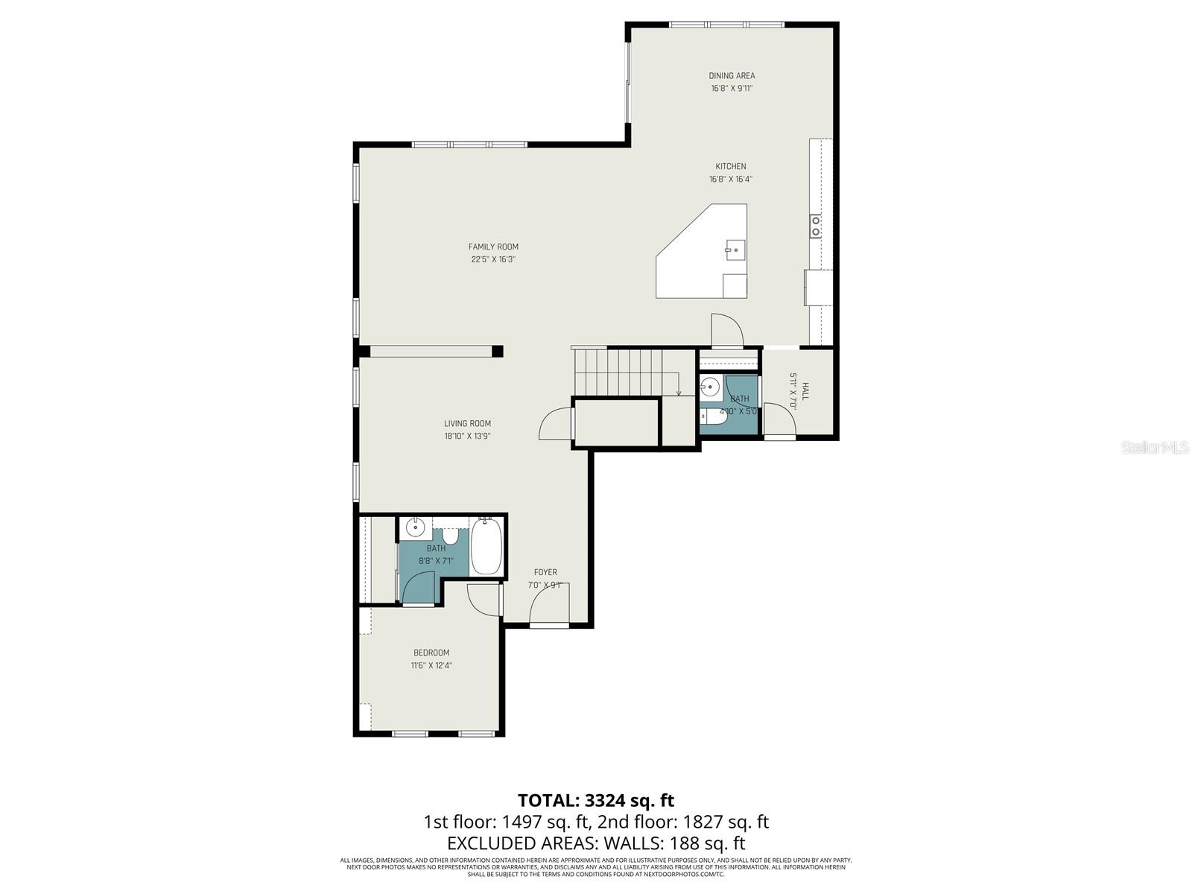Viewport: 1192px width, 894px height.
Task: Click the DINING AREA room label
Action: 731,75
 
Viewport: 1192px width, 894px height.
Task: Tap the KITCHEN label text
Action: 730,166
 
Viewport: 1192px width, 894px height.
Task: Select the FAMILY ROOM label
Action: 493,247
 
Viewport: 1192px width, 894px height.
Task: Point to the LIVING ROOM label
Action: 467,423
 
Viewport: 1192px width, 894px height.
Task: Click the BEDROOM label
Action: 431,653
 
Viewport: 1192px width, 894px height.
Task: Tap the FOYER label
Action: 545,572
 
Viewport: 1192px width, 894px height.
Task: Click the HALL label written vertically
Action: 805,392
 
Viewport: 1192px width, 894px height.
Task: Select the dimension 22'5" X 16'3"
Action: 493,260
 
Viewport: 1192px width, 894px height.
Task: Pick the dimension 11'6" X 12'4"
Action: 431,666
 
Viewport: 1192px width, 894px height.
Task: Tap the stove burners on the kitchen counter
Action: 816,226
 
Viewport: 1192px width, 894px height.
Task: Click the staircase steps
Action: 618,372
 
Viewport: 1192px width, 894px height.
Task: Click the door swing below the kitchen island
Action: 726,330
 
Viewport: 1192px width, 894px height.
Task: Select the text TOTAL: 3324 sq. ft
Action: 595,800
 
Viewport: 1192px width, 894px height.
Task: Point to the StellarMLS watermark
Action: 1155,448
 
